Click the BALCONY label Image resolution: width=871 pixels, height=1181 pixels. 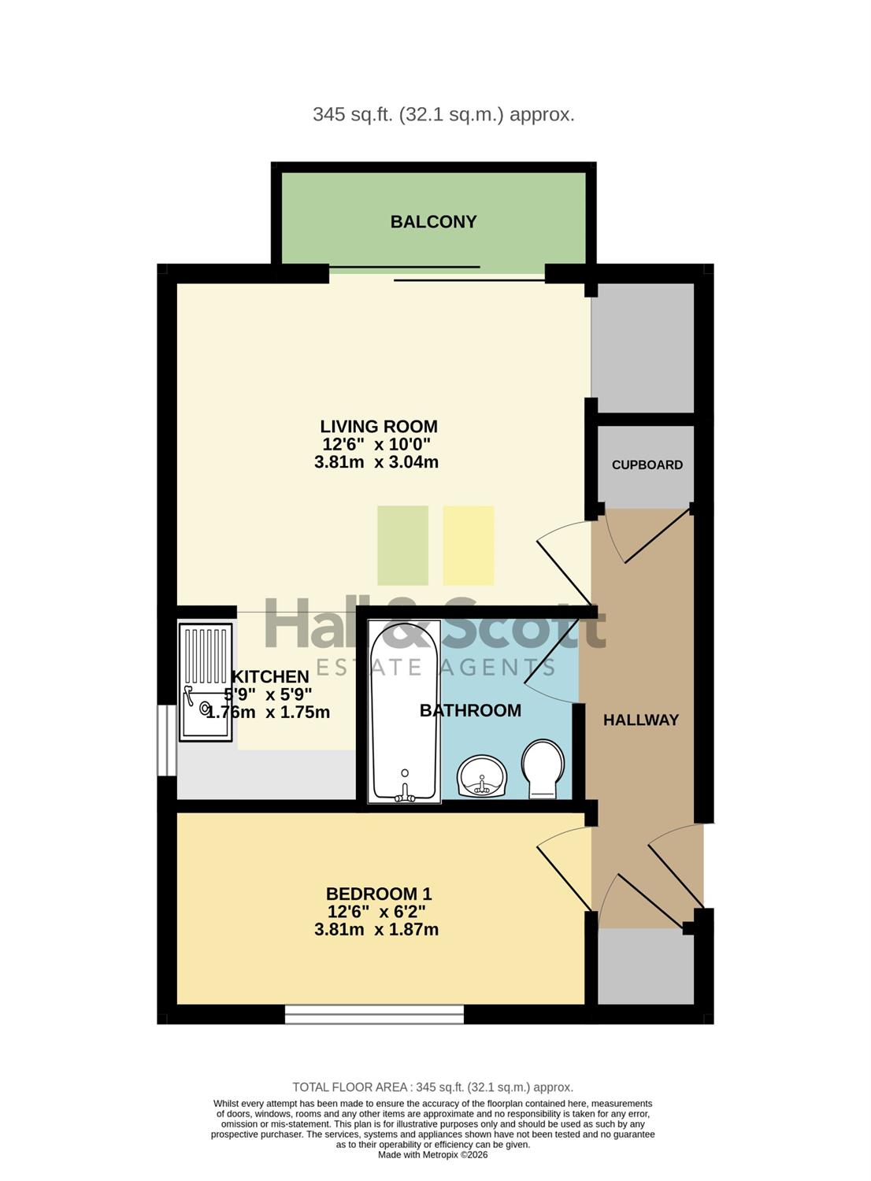tap(433, 221)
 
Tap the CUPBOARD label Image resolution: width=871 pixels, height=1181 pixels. tap(647, 465)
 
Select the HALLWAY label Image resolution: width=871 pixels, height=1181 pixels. tap(640, 720)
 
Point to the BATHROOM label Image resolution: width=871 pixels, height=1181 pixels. tap(470, 710)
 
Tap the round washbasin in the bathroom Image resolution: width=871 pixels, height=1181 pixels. tap(483, 776)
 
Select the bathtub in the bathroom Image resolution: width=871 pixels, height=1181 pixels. tap(405, 712)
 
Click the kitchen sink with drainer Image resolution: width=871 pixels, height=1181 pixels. tap(206, 683)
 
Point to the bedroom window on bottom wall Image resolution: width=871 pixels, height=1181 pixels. tap(374, 1014)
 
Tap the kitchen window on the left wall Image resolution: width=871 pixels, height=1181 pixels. tap(167, 740)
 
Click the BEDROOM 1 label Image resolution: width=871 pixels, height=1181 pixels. tap(379, 894)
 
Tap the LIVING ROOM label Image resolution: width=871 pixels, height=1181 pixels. tap(379, 426)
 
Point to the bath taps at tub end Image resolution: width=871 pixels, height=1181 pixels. tap(405, 791)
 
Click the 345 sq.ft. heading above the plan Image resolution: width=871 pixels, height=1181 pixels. tap(443, 114)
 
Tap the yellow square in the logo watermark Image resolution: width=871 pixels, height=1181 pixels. tap(469, 546)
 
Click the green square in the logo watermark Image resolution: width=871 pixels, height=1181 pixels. tap(402, 546)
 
